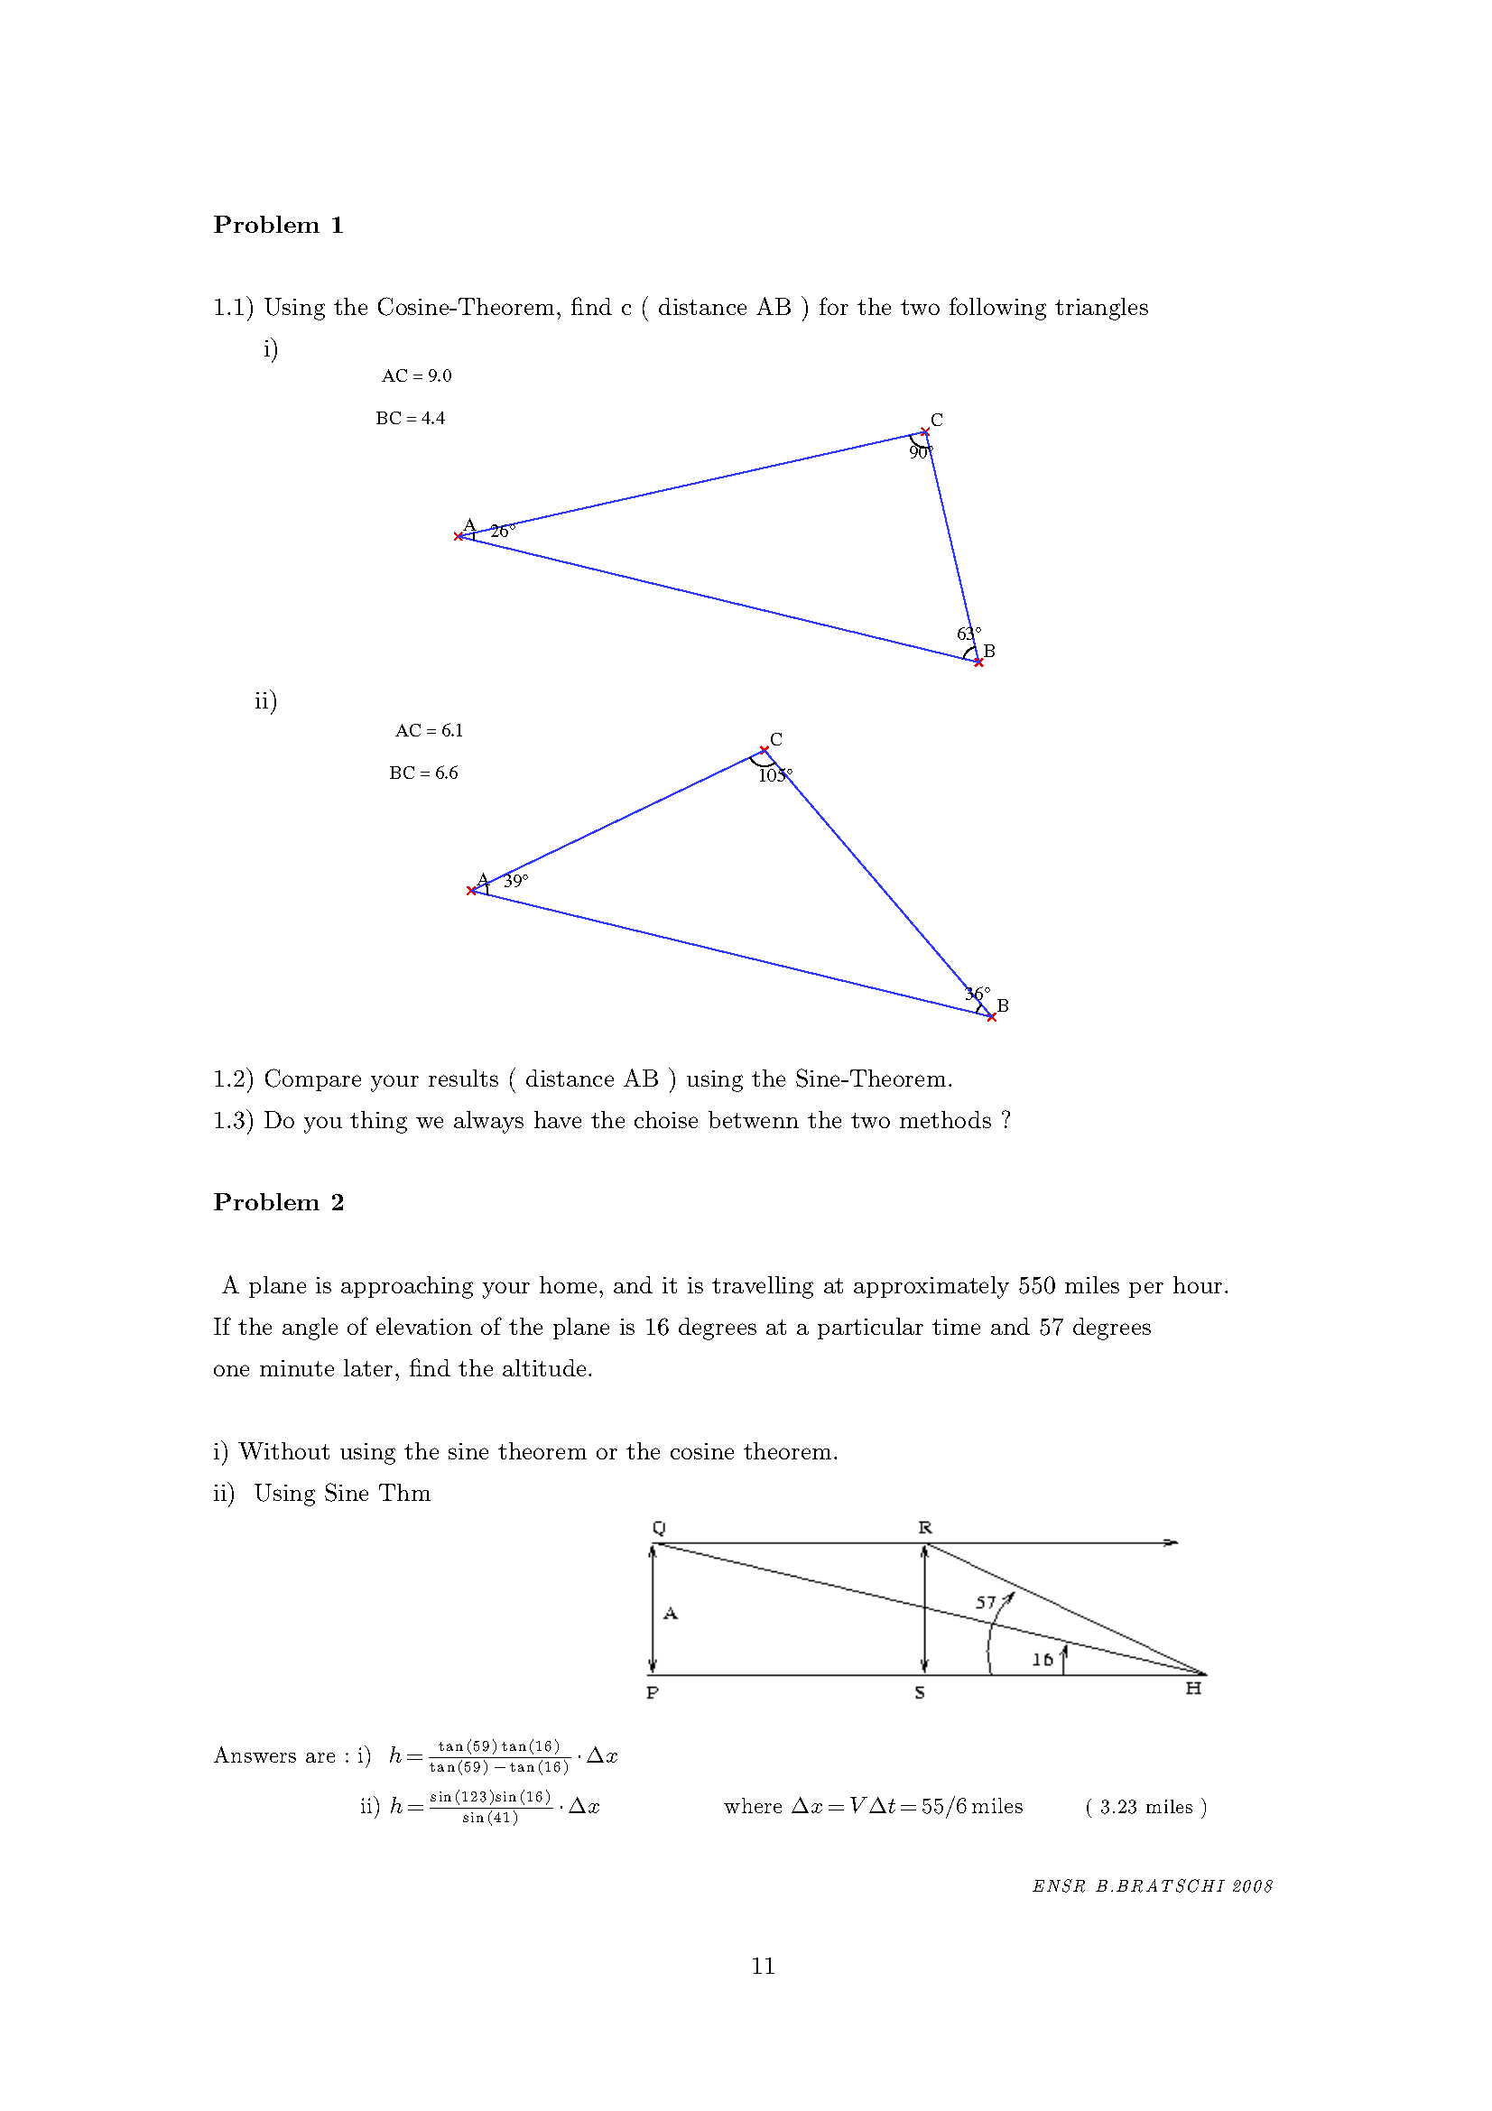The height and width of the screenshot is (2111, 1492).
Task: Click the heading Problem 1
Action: tap(278, 226)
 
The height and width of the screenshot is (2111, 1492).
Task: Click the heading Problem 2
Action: tap(278, 1202)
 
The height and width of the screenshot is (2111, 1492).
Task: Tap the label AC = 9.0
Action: tap(416, 376)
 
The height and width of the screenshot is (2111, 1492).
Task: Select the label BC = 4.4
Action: tap(410, 419)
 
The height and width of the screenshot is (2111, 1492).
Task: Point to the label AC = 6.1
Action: tap(430, 731)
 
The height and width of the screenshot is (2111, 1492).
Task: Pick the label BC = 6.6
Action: tap(423, 773)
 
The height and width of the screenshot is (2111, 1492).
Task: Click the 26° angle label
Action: tap(502, 531)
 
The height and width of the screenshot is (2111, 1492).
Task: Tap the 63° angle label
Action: tap(968, 634)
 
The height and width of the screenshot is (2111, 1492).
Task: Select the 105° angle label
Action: tap(774, 775)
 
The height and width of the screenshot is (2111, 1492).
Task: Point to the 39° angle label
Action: tap(514, 881)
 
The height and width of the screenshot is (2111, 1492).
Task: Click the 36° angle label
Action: tap(977, 994)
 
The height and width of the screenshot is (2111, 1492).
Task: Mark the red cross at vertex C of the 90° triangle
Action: tap(925, 432)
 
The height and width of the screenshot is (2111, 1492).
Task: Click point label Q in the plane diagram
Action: tap(658, 1527)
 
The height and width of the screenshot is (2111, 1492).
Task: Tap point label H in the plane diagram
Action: tap(1193, 1687)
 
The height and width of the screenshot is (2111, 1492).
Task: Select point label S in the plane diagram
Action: tap(919, 1692)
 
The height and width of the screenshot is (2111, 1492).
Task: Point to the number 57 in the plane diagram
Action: tap(986, 1603)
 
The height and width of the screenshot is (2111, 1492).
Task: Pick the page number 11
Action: tap(762, 1966)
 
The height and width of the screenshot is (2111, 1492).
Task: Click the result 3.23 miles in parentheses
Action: tap(1145, 1807)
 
